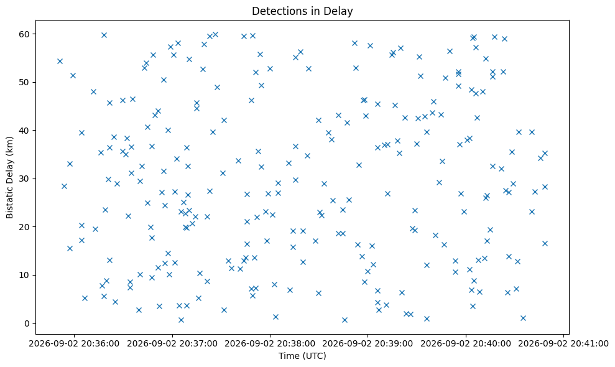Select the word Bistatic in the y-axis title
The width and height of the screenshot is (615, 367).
pos(10,200)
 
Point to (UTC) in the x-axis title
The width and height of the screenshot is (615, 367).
pos(315,356)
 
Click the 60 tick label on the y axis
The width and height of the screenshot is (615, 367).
pos(25,34)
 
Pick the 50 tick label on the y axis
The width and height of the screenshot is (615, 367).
pos(25,83)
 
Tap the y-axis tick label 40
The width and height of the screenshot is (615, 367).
pos(25,130)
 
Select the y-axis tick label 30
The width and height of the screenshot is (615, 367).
pos(25,179)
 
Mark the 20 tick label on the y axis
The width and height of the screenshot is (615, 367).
pos(25,227)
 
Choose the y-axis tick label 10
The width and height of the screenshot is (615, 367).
pos(25,275)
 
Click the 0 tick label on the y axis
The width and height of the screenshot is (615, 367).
pos(27,323)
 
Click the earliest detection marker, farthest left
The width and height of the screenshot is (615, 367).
pos(60,61)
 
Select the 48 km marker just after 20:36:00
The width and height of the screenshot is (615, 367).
pos(93,92)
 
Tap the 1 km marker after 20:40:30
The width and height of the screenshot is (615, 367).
pos(523,318)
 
